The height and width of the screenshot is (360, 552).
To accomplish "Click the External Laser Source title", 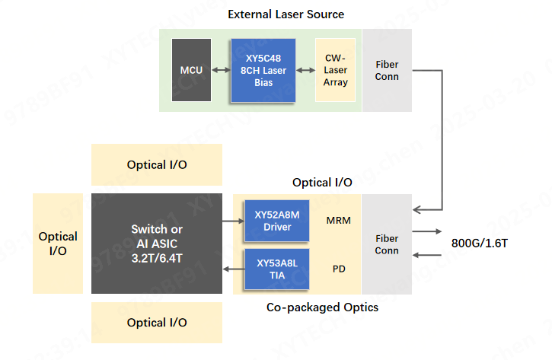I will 286,14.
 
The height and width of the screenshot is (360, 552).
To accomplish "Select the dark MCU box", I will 191,71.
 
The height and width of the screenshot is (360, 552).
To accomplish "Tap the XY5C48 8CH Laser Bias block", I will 263,71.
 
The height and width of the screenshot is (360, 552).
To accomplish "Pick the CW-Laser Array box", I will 335,71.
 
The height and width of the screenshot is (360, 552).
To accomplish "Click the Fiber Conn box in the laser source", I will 387,71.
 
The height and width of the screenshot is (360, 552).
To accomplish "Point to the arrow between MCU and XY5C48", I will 221,71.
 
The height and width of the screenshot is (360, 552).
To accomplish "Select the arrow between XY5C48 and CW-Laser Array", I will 305,71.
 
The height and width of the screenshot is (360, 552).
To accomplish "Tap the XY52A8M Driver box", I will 277,221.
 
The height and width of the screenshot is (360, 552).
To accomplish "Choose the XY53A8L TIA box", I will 277,269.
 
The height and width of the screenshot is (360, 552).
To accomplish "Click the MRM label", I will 338,221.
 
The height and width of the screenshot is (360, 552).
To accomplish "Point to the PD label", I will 339,269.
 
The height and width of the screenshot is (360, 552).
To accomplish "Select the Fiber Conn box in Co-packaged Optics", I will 387,244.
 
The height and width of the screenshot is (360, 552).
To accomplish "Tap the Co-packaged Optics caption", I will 322,307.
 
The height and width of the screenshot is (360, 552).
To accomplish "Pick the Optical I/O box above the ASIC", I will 156,164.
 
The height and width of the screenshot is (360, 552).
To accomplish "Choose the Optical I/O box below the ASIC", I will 156,322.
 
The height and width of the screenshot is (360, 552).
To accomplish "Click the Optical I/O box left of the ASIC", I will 58,244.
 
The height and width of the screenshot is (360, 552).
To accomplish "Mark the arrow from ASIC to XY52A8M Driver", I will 231,221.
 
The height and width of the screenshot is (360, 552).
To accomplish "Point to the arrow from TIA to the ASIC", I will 231,269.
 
